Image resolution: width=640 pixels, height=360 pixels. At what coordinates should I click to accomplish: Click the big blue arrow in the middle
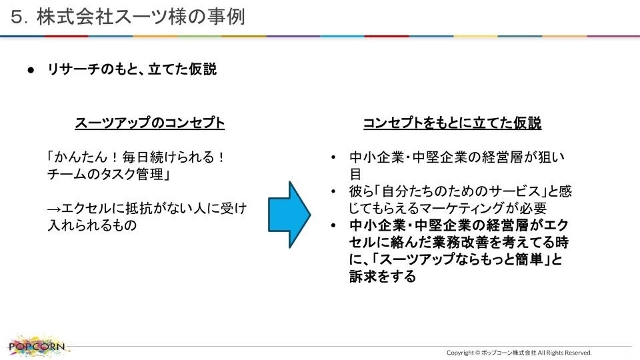click(x=289, y=215)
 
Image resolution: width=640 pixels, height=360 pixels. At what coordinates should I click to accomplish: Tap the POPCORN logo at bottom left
click(x=37, y=346)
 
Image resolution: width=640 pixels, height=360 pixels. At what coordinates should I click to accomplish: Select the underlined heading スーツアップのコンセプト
click(x=150, y=123)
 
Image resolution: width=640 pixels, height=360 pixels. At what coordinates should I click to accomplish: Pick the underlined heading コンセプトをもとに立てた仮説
click(x=452, y=123)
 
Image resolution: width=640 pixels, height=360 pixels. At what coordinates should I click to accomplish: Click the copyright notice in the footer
click(x=519, y=353)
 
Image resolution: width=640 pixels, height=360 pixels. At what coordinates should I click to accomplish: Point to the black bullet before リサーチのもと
click(x=31, y=70)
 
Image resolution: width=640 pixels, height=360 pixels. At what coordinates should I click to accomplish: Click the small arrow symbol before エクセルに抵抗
click(x=54, y=209)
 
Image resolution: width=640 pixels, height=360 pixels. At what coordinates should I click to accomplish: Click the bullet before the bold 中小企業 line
click(x=333, y=225)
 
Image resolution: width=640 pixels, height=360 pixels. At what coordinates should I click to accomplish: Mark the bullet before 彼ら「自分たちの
click(x=333, y=191)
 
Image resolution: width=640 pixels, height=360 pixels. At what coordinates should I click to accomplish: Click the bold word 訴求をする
click(x=383, y=277)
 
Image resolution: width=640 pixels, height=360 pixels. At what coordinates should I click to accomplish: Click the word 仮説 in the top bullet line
click(x=203, y=69)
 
